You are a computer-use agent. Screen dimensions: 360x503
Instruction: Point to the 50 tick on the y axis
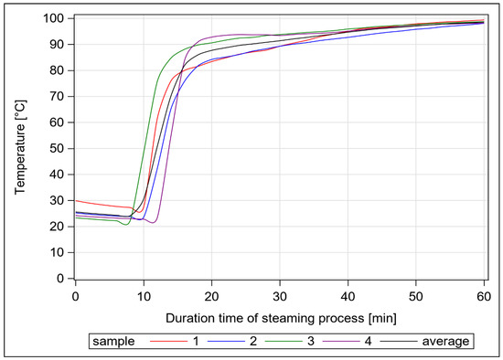(57, 148)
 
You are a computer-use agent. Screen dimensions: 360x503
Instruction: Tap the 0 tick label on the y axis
(60, 279)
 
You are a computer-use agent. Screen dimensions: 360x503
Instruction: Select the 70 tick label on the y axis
(57, 96)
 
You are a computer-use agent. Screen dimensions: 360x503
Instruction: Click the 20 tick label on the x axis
(212, 295)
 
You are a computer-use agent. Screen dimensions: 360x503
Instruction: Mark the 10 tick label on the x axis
(144, 295)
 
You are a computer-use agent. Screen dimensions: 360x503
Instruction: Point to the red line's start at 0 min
(76, 200)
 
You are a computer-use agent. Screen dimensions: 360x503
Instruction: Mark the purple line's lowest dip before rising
(154, 222)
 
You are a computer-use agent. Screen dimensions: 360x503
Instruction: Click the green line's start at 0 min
(76, 217)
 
